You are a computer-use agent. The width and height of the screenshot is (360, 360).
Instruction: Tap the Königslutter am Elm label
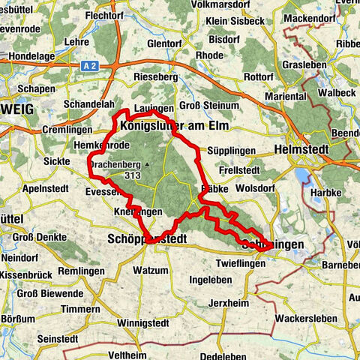[174, 127]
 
